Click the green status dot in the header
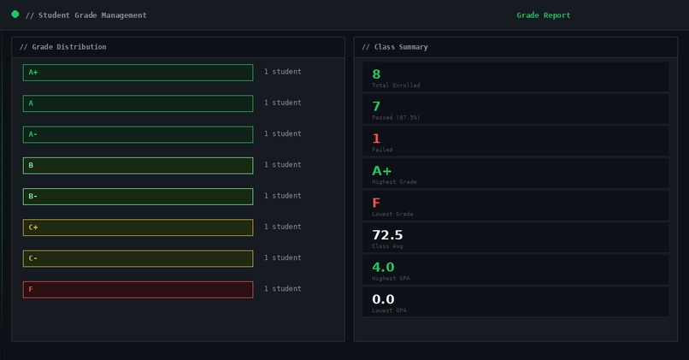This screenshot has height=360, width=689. click(15, 15)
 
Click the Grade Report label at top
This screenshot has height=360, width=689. click(543, 15)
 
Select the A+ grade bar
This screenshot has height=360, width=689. click(138, 73)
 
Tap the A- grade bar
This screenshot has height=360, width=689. click(138, 134)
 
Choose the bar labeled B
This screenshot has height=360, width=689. click(138, 165)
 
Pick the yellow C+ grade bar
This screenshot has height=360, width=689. click(138, 227)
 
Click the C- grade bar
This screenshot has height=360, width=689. click(138, 258)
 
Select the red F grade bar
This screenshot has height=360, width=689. click(138, 289)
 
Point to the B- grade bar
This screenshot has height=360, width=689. click(138, 197)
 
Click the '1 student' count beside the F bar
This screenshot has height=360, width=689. click(282, 289)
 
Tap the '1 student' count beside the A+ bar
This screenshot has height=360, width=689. click(282, 73)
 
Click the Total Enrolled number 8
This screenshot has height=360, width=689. click(376, 74)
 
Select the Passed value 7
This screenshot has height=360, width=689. click(376, 106)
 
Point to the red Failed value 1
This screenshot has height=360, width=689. click(376, 139)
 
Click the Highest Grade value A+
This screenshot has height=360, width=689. click(381, 171)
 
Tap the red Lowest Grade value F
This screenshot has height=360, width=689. click(376, 203)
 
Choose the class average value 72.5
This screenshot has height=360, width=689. click(387, 235)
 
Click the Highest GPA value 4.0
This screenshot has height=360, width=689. click(383, 267)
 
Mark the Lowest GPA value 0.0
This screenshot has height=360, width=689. click(383, 299)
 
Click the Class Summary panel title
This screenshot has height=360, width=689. click(395, 47)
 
